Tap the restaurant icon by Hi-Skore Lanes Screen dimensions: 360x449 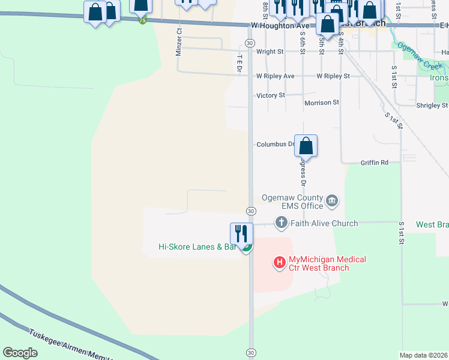pos(241,233)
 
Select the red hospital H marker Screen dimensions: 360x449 pos(279,262)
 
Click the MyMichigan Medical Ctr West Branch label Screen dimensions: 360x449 pos(327,263)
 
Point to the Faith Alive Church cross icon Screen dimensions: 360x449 pos(280,223)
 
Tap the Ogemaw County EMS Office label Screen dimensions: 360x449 pos(292,202)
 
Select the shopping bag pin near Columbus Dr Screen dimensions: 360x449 pos(306,146)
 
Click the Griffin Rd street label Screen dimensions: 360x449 pos(375,163)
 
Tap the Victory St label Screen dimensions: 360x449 pos(270,95)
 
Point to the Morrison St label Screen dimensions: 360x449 pos(322,103)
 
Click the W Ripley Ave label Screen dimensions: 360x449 pos(275,76)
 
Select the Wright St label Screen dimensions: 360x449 pos(270,52)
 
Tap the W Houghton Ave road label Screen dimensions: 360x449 pos(280,26)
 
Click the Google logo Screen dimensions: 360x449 pos(20,352)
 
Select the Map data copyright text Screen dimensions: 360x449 pos(423,355)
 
